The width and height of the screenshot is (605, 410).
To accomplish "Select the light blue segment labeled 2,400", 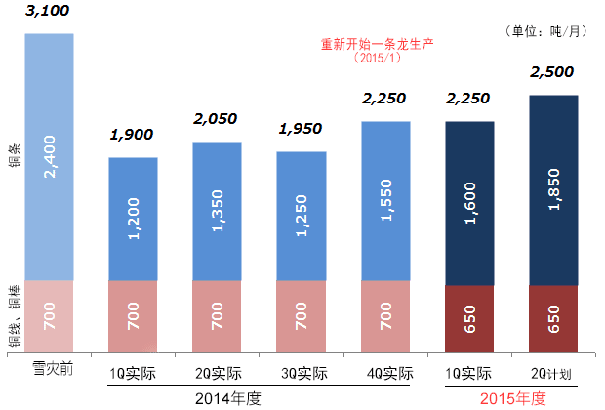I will (x=49, y=156).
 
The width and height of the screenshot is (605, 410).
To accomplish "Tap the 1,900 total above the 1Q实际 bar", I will (x=133, y=136).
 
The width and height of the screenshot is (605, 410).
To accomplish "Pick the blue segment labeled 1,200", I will (x=133, y=219).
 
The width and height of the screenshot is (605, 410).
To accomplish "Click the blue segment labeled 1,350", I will (x=217, y=211).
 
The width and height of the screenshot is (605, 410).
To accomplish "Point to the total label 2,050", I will (x=217, y=121).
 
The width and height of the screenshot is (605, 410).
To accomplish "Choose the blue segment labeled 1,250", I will (x=301, y=216).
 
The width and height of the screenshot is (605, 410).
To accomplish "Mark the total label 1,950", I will (x=301, y=130).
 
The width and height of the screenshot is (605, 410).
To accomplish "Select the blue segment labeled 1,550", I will (x=385, y=201).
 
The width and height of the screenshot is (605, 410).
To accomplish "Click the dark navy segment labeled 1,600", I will (x=469, y=203).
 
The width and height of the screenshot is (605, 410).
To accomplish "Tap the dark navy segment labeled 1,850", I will (x=553, y=189).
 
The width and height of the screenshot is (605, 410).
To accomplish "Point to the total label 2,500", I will (x=553, y=73).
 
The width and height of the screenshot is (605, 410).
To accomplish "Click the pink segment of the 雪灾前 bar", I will (x=49, y=315).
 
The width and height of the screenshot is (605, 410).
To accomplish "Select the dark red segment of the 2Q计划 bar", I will (x=553, y=318).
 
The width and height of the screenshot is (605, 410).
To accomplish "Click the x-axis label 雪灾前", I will (x=49, y=372).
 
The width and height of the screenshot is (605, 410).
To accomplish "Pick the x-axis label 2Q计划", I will (x=553, y=374).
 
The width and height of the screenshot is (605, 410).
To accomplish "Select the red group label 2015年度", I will (x=511, y=398).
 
